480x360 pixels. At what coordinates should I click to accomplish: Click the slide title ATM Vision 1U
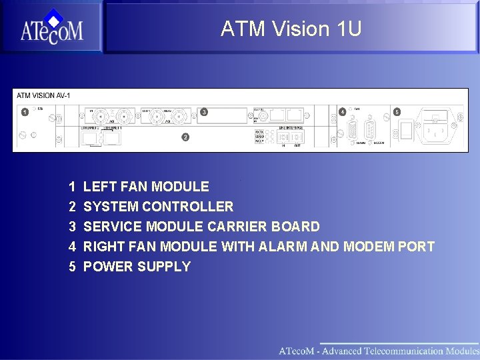(x=291, y=29)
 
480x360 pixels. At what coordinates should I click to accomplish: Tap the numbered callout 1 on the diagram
(x=25, y=111)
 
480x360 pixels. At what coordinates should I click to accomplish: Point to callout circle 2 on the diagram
(x=185, y=137)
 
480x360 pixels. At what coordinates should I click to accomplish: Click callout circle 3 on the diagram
(x=204, y=112)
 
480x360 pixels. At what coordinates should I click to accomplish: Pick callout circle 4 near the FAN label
(x=342, y=112)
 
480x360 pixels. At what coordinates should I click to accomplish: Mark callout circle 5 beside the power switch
(x=397, y=112)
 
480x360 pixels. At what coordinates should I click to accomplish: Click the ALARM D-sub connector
(x=351, y=131)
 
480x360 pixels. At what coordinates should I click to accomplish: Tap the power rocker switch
(x=405, y=131)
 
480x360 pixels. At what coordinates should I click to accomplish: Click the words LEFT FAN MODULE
(x=146, y=187)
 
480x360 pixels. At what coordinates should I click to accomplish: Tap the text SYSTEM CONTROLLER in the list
(x=158, y=207)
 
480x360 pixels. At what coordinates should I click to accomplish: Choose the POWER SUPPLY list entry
(x=137, y=267)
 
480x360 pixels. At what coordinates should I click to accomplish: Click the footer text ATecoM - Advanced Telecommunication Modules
(x=378, y=351)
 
